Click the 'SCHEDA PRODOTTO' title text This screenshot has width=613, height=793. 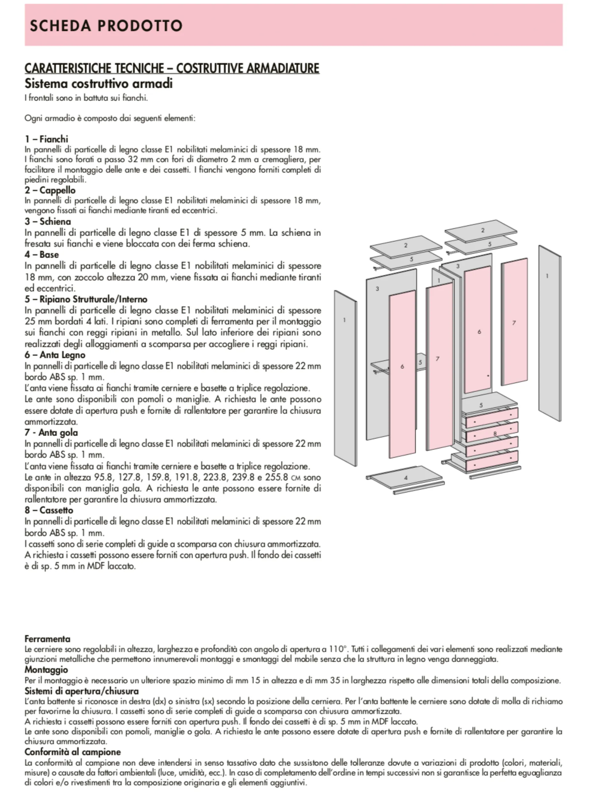click(x=106, y=26)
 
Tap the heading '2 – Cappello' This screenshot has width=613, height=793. click(x=50, y=190)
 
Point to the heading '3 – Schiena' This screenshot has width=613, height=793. click(x=48, y=222)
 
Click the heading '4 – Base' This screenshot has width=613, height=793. click(x=42, y=255)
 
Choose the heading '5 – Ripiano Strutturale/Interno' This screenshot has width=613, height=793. click(x=86, y=299)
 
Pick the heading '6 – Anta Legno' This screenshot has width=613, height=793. click(x=55, y=355)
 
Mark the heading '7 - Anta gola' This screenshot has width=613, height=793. click(x=51, y=432)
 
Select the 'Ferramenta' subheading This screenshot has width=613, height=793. click(x=48, y=639)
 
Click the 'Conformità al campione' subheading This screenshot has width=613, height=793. click(x=72, y=752)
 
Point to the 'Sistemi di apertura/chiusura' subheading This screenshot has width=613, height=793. click(x=82, y=691)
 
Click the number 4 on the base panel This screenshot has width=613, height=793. click(x=406, y=478)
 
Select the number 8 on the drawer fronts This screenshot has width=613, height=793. click(x=495, y=433)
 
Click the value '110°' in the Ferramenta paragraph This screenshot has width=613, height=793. click(x=338, y=649)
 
